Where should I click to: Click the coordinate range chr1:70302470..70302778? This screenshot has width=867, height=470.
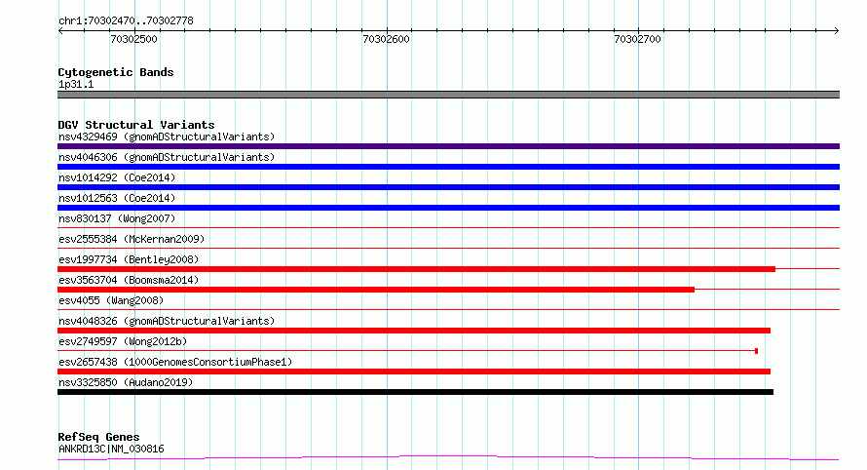pyautogui.click(x=126, y=21)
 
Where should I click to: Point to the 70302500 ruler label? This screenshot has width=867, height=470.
pyautogui.click(x=133, y=39)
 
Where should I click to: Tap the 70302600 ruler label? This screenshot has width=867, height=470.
pyautogui.click(x=386, y=39)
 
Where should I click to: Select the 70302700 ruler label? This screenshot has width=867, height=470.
pyautogui.click(x=637, y=39)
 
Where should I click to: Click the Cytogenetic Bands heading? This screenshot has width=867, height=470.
pyautogui.click(x=116, y=72)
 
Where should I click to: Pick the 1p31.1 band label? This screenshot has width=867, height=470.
pyautogui.click(x=76, y=84)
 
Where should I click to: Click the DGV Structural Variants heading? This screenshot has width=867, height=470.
pyautogui.click(x=136, y=125)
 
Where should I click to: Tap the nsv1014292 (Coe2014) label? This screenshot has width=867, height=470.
pyautogui.click(x=117, y=177)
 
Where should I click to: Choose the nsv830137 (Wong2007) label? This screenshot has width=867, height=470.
pyautogui.click(x=117, y=218)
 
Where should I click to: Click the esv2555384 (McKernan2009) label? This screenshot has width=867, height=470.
pyautogui.click(x=132, y=239)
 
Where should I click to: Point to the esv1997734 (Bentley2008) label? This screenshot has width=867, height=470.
pyautogui.click(x=129, y=259)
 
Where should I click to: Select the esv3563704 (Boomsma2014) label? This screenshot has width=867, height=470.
pyautogui.click(x=129, y=280)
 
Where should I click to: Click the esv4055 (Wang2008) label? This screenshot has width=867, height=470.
pyautogui.click(x=111, y=300)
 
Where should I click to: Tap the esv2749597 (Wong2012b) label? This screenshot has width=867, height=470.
pyautogui.click(x=123, y=341)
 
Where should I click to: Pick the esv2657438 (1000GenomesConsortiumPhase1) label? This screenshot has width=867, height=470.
pyautogui.click(x=175, y=362)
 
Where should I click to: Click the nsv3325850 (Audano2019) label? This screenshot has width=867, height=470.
pyautogui.click(x=126, y=382)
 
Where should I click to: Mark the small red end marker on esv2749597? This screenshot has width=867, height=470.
pyautogui.click(x=756, y=351)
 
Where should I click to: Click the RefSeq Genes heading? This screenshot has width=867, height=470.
pyautogui.click(x=98, y=437)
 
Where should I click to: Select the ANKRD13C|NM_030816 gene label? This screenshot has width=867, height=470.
pyautogui.click(x=111, y=449)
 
